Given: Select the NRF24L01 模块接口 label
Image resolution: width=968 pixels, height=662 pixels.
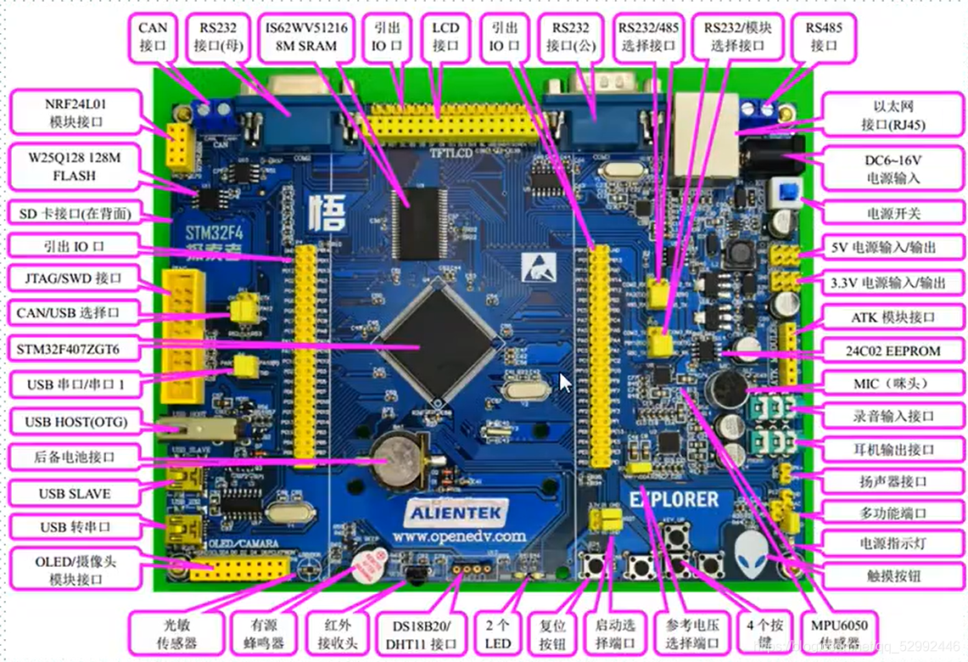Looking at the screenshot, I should click(x=75, y=112).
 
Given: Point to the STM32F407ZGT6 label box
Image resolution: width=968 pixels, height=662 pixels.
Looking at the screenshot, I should click(x=68, y=349).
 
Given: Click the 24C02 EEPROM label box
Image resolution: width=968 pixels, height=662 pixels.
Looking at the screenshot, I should click(x=892, y=350).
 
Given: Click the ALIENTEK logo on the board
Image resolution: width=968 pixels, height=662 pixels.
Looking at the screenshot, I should click(x=456, y=513).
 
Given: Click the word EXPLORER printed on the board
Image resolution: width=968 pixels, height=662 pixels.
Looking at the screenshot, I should click(x=674, y=499).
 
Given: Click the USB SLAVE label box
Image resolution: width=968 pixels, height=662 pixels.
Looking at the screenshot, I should click(x=75, y=493).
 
